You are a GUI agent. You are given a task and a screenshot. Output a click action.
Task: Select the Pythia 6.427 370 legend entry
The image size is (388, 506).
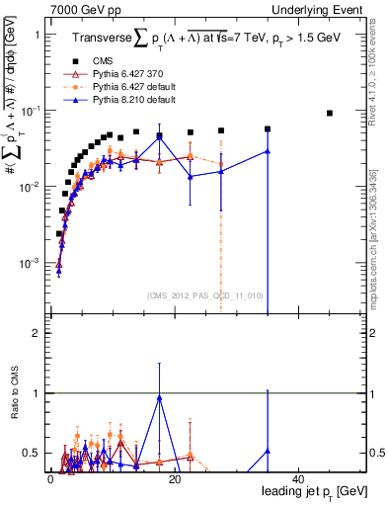pos(128,74)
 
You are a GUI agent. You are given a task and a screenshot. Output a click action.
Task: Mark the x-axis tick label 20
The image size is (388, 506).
pos(174,479)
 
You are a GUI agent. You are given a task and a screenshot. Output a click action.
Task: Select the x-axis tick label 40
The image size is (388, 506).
pos(298,479)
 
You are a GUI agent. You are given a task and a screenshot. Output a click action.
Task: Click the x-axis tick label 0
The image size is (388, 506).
pos(49,479)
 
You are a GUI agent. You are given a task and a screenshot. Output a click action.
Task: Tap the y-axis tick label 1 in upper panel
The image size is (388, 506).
pos(36,35)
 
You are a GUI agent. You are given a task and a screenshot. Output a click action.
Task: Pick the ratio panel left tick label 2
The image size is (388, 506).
pos(36,333)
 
